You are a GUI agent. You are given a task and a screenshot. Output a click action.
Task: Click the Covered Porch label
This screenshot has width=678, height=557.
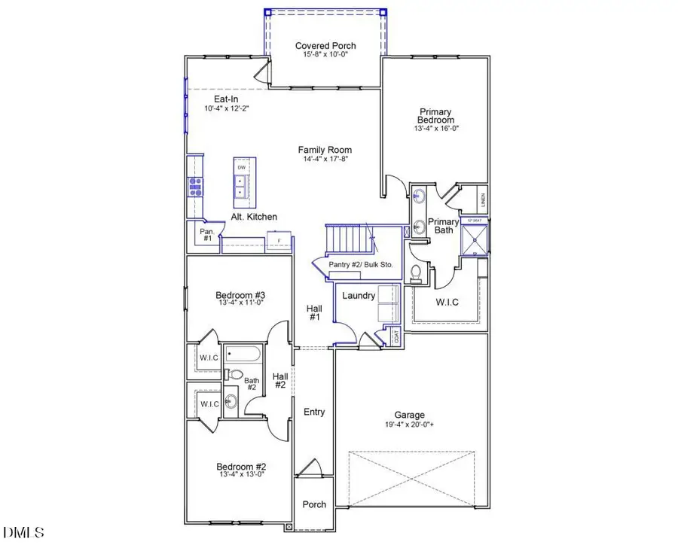pyautogui.click(x=325, y=46)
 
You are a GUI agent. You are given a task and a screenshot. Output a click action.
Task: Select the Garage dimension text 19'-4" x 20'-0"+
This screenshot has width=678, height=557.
pyautogui.click(x=410, y=425)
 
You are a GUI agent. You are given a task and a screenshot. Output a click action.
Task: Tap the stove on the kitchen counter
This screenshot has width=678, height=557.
pyautogui.click(x=194, y=186)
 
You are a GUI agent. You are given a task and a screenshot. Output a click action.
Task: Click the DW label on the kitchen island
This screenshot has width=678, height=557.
pyautogui.click(x=242, y=167)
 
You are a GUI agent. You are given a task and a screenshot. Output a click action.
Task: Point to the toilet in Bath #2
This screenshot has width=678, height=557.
pyautogui.click(x=234, y=375)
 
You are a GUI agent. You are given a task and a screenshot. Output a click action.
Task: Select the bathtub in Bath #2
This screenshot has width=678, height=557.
pyautogui.click(x=242, y=355)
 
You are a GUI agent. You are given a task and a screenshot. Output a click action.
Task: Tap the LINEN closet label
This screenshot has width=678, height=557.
pyautogui.click(x=483, y=201)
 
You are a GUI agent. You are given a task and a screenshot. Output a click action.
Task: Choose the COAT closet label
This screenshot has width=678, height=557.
pyautogui.click(x=396, y=337)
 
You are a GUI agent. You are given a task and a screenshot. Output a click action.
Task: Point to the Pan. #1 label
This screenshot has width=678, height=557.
pyautogui.click(x=206, y=236)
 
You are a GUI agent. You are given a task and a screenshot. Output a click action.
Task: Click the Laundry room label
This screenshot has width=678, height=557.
pyautogui.click(x=359, y=296)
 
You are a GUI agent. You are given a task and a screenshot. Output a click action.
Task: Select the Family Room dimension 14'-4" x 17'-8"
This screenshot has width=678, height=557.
pyautogui.click(x=325, y=160)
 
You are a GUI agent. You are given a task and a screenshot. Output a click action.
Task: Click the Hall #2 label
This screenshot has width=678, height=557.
pyautogui.click(x=279, y=381)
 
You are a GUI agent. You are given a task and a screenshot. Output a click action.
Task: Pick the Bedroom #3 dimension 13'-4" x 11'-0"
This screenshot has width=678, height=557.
pyautogui.click(x=240, y=304)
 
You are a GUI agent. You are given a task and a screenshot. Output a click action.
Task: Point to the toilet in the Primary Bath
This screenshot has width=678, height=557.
pyautogui.click(x=416, y=272)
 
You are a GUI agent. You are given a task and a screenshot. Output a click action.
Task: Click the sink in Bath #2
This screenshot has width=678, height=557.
pyautogui.click(x=231, y=400)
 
